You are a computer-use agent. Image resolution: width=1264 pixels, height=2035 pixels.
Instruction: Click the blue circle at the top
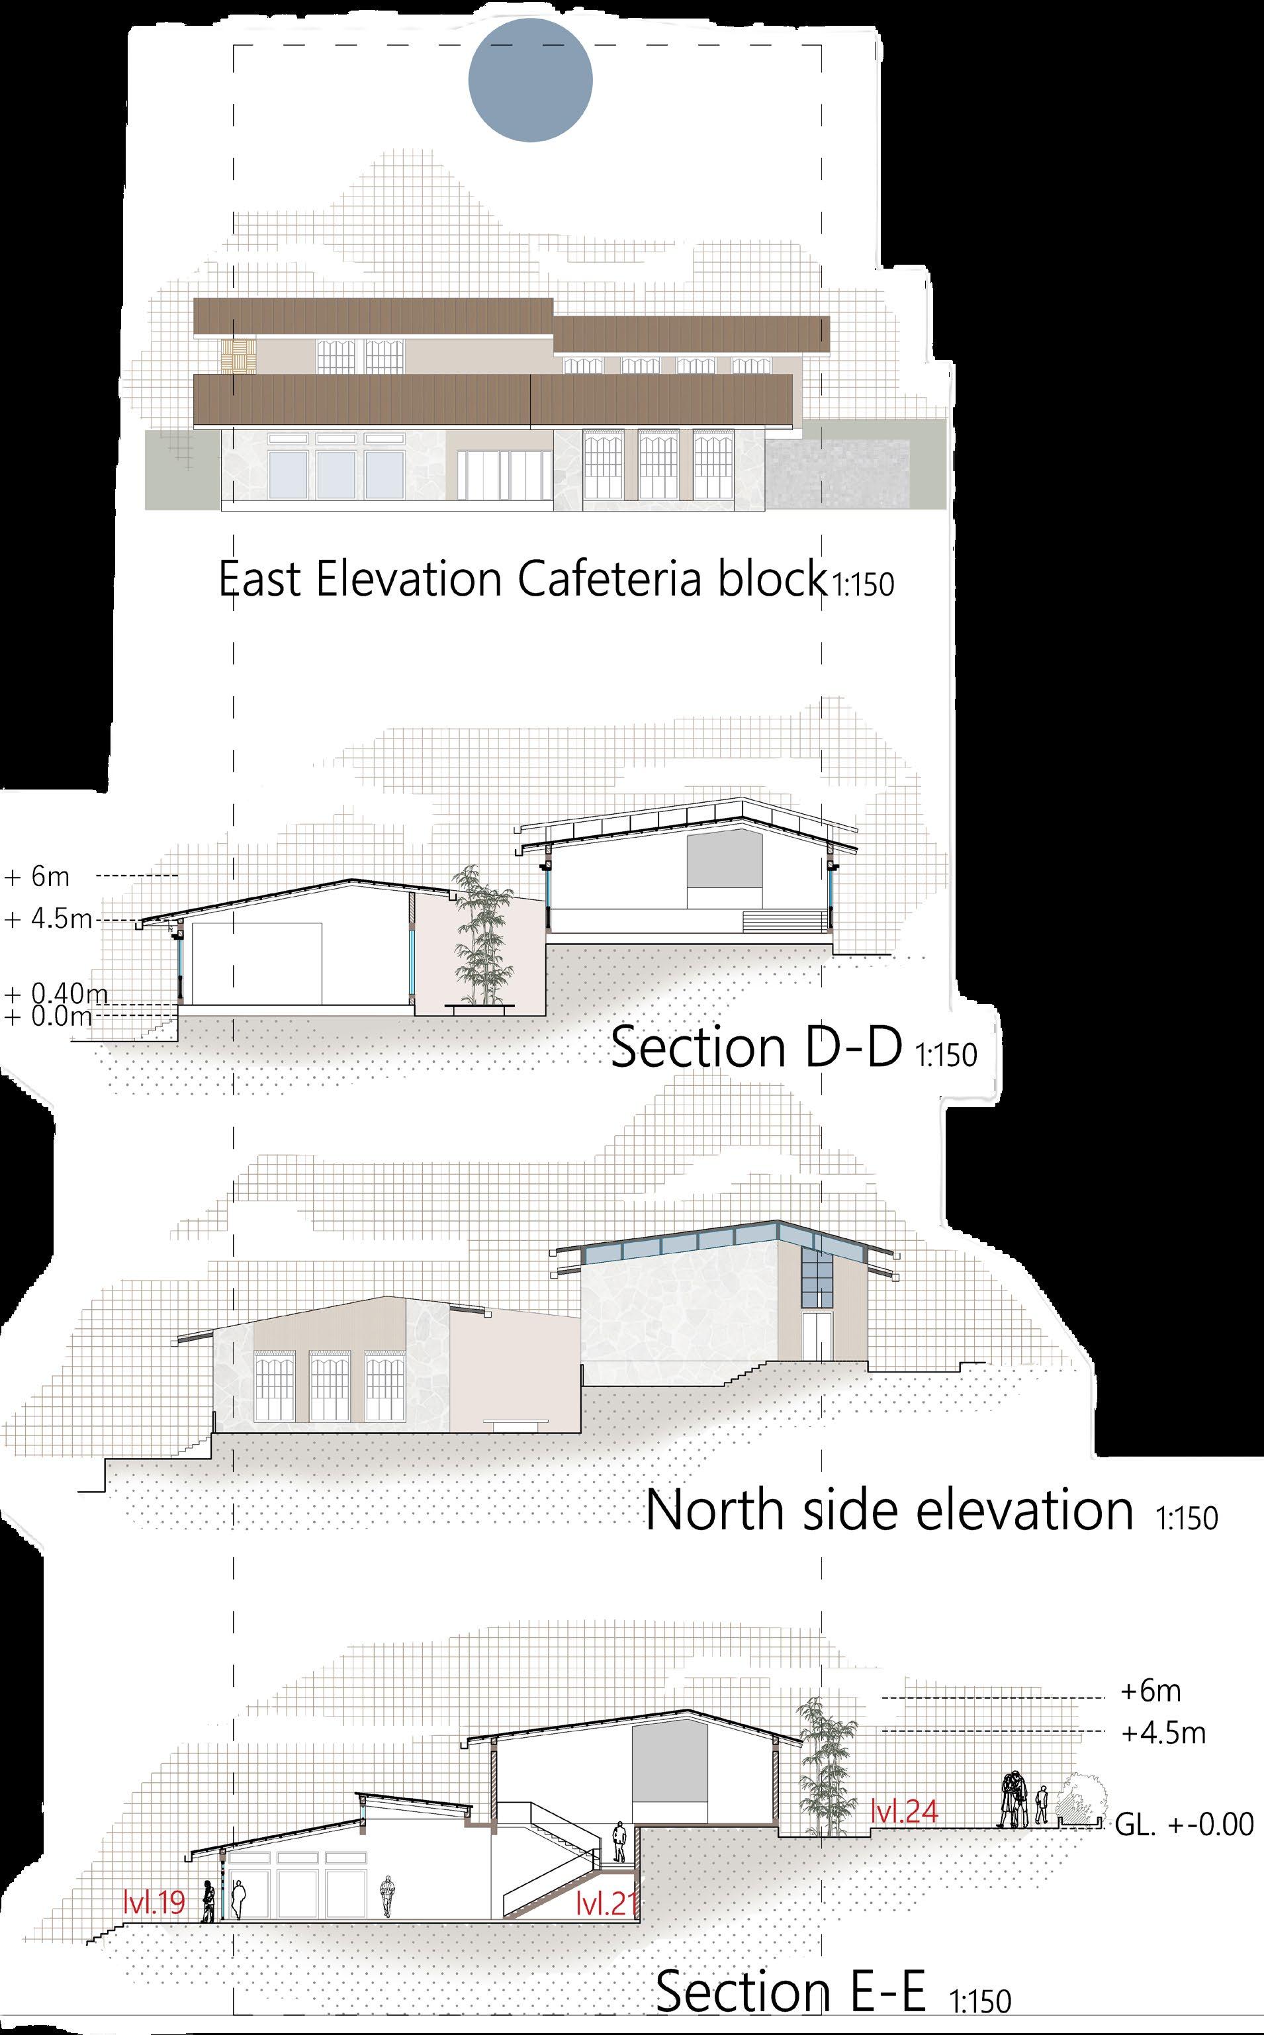click(x=530, y=80)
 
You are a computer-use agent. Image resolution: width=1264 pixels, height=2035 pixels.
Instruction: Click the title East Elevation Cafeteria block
click(x=520, y=579)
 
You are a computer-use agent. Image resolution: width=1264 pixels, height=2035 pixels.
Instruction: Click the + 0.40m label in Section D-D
click(x=57, y=994)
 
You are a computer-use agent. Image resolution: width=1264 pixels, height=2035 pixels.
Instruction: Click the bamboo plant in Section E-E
click(x=826, y=1752)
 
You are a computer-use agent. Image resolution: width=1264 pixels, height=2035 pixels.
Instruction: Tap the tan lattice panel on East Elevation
click(x=238, y=357)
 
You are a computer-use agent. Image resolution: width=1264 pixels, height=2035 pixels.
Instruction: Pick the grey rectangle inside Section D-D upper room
click(x=724, y=862)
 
